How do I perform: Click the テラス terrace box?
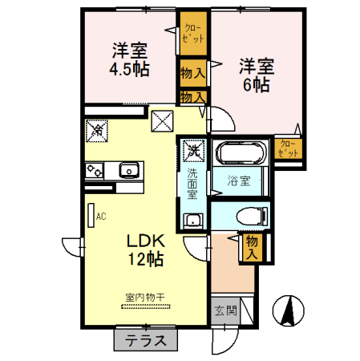pos(145,340)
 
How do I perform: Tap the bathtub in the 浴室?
pos(241,154)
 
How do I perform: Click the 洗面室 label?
pos(192,182)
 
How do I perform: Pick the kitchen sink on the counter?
pos(128,169)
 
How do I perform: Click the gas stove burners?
pos(94,170)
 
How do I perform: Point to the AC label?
pos(101,215)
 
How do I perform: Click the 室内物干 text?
pos(144,298)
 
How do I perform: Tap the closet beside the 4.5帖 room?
pos(192,34)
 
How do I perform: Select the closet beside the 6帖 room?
pos(288,148)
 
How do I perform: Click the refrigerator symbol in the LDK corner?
pos(97,128)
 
